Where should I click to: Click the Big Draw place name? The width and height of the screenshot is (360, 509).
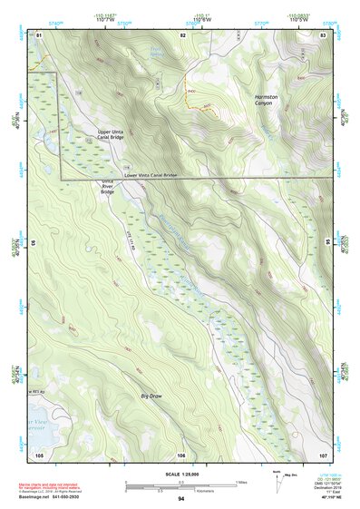pyautogui.click(x=151, y=396)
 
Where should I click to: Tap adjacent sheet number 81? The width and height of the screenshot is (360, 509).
pyautogui.click(x=39, y=34)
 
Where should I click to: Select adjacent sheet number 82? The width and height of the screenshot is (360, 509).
pyautogui.click(x=182, y=34)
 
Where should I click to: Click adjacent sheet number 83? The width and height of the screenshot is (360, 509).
pyautogui.click(x=322, y=34)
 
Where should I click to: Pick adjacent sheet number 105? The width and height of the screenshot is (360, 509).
pyautogui.click(x=39, y=453)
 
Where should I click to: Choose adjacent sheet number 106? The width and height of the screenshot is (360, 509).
pyautogui.click(x=181, y=453)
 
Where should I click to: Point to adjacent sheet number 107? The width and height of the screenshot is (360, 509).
pyautogui.click(x=322, y=453)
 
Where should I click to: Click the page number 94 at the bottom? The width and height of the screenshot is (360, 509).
pyautogui.click(x=180, y=498)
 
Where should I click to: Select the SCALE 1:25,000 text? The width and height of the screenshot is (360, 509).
pyautogui.click(x=180, y=473)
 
